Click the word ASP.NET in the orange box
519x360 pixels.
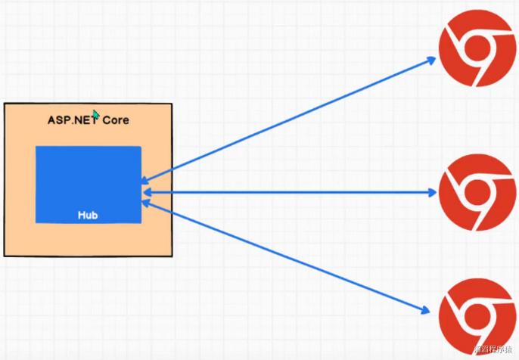pos(70,120)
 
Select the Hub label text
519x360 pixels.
pos(88,216)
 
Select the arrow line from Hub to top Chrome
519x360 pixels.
pos(287,121)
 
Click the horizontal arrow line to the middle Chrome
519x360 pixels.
pos(287,192)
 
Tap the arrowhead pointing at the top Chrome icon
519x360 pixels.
pos(433,60)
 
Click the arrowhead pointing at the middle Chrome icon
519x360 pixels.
pos(432,192)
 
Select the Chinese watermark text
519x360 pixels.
pos(495,350)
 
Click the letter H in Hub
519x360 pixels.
pos(81,216)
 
